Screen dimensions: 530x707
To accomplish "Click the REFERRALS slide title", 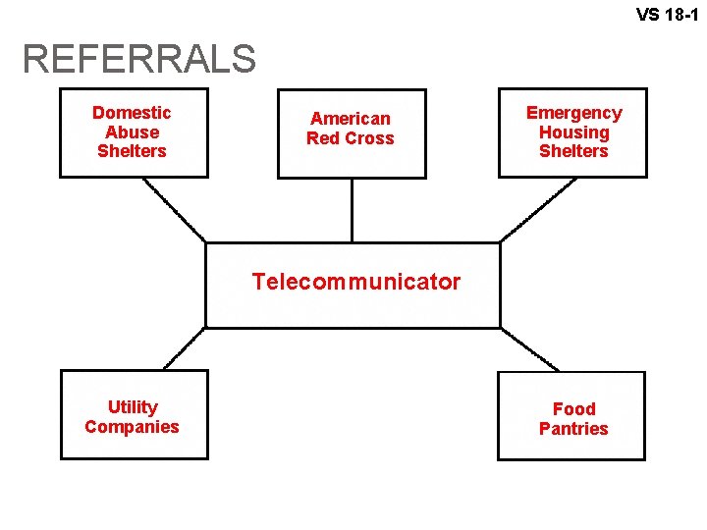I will point(138,59).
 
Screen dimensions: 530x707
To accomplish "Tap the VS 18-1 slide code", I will point(667,15).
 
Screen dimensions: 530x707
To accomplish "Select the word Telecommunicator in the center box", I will point(355,283).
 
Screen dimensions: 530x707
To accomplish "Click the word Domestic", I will point(132,113).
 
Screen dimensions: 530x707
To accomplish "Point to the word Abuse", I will point(132,132).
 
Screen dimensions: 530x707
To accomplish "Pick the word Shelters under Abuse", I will point(132,151).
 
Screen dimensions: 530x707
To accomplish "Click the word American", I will point(351,119).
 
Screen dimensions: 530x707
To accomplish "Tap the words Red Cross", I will point(351,138).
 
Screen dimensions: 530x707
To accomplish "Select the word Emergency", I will point(573,113).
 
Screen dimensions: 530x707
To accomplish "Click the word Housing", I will point(573,132).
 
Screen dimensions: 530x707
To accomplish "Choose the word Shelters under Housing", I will point(573,151).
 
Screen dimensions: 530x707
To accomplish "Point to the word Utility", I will point(133,407).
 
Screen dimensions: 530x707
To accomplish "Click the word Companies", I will point(133,427).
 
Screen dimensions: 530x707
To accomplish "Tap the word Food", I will point(573,409).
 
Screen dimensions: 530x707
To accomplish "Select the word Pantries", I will point(573,429).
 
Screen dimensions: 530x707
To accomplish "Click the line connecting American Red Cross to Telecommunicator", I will point(352,210).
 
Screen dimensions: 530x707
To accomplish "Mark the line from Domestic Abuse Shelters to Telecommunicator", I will point(175,209).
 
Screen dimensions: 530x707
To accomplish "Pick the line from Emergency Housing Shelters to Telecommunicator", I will point(532,209).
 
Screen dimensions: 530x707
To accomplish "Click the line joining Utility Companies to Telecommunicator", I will point(185,348).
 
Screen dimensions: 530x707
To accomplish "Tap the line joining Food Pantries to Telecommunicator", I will point(528,348).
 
